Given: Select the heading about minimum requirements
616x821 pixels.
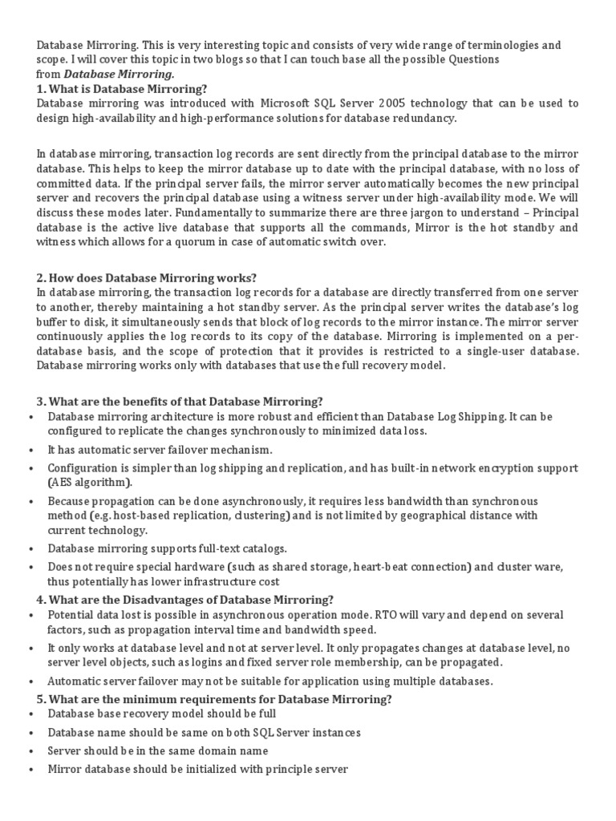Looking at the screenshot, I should tap(214, 699).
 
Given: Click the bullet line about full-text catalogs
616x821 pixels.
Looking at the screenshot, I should tap(167, 548).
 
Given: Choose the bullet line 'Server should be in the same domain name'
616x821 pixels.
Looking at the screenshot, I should tap(158, 751).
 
